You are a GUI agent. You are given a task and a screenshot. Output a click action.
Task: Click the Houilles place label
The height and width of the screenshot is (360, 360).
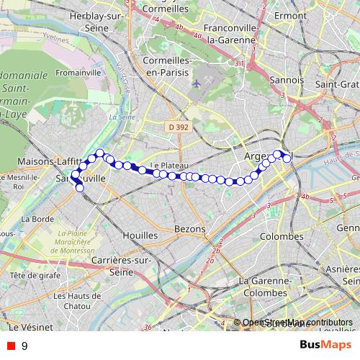click(140, 235)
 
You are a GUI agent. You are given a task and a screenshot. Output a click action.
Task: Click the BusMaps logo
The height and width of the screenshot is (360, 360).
click(326, 346)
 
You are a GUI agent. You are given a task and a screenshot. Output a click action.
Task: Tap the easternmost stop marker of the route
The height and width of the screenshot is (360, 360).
click(287, 158)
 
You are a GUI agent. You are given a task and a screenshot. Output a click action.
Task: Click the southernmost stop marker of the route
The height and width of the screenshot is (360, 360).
click(80, 189)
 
